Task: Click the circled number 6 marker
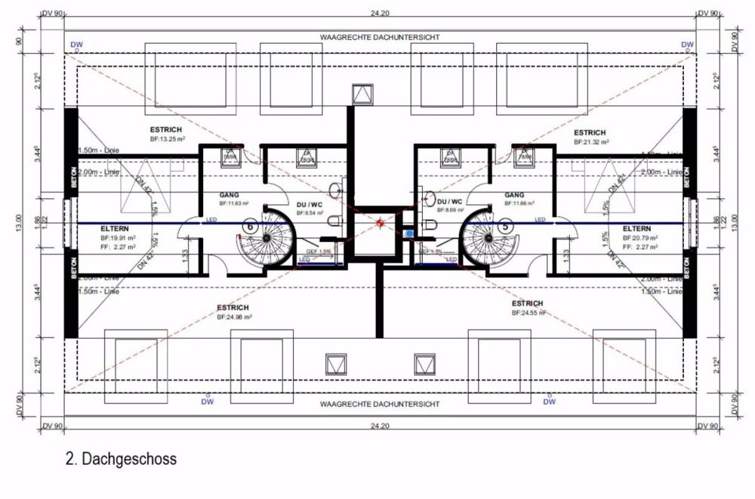249,225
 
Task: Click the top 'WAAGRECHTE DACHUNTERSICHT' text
380,37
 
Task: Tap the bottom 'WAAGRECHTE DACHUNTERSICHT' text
380,404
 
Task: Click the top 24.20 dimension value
381,14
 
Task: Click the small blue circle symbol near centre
408,234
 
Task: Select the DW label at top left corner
75,45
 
